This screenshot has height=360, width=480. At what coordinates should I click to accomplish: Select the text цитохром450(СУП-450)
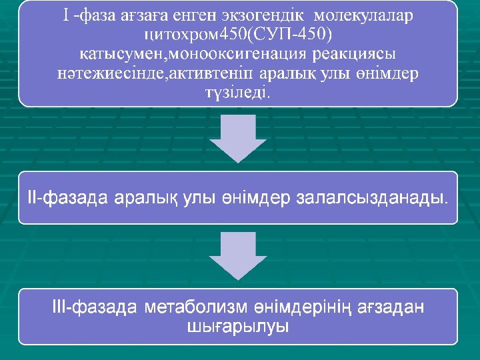(x=238, y=34)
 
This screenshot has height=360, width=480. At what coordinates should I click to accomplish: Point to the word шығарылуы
(x=237, y=327)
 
